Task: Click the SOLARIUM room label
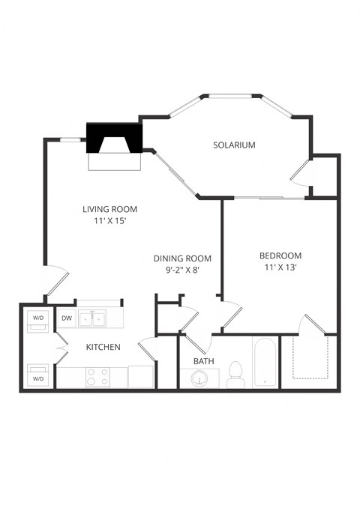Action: pos(234,145)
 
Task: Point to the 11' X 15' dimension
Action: pos(110,222)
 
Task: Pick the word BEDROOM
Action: pos(280,255)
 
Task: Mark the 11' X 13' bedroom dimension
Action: pos(280,267)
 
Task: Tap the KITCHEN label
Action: pos(104,348)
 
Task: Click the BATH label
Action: pos(204,361)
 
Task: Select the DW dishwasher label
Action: pos(67,318)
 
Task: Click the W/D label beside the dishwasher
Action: pos(37,318)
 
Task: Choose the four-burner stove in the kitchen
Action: pos(97,376)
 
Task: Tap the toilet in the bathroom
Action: pos(237,373)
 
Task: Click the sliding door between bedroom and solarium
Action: pos(262,198)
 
